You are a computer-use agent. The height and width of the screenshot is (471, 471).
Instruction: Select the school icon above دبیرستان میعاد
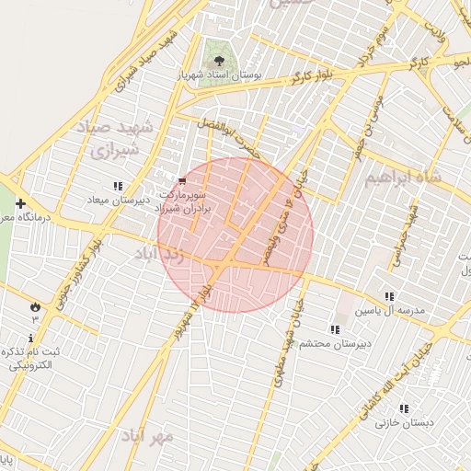(x=117, y=187)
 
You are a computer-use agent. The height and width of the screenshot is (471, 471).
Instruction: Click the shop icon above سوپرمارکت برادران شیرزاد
(x=182, y=180)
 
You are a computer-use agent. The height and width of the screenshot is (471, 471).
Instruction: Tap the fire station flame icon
(x=35, y=305)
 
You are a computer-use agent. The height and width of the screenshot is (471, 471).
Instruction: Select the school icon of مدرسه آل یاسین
(x=389, y=297)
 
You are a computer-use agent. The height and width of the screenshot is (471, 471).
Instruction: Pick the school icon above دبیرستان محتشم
(x=334, y=329)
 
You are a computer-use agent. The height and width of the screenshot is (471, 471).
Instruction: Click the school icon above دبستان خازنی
(x=403, y=408)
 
